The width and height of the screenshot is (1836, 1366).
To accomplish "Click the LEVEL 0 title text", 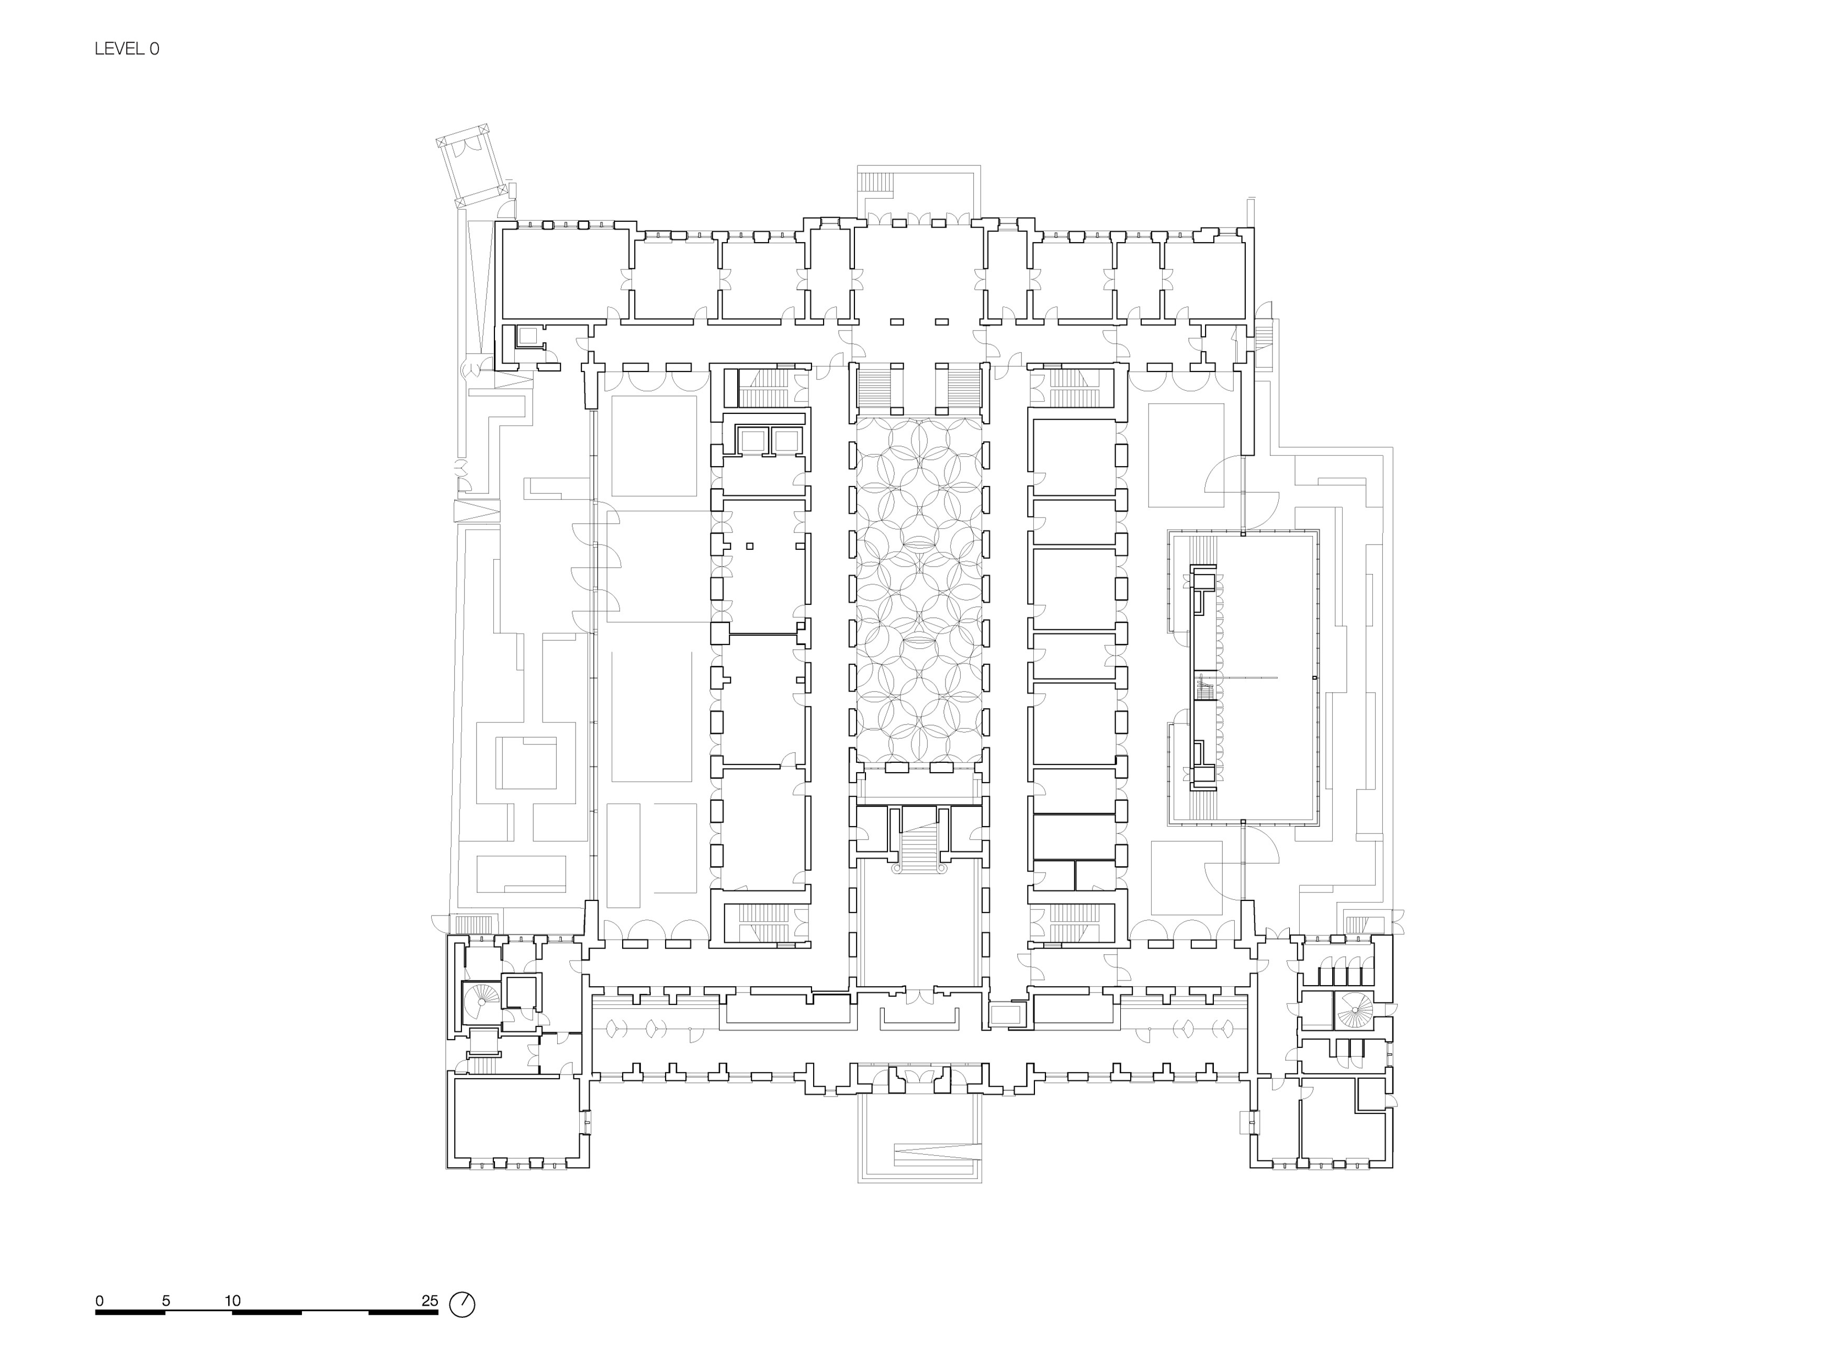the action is tap(127, 49).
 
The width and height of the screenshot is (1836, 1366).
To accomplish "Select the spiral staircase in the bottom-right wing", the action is tap(1354, 1010).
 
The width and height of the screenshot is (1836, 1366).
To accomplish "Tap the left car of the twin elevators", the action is tap(752, 440).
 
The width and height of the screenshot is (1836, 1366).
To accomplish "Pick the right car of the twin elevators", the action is tap(786, 440).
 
